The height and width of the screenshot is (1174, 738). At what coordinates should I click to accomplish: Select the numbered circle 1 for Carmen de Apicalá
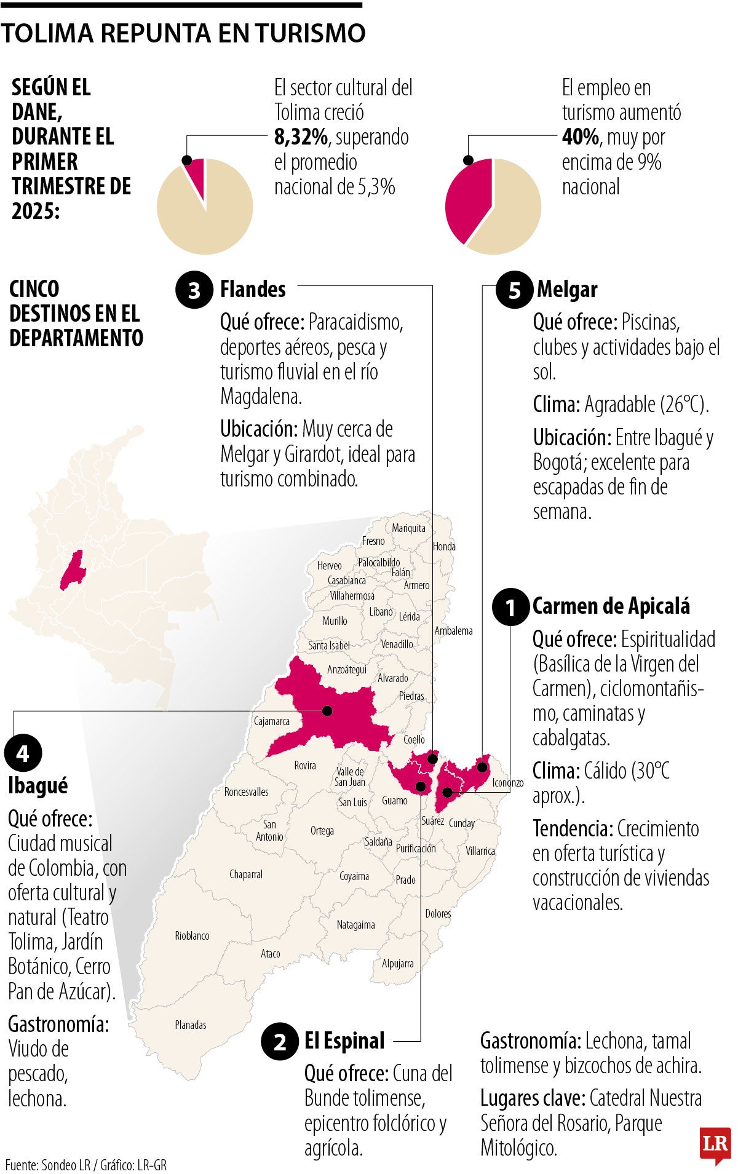pos(510,607)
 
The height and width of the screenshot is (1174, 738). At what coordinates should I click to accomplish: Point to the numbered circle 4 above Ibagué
pos(23,753)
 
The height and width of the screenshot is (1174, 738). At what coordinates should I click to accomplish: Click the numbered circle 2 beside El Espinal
pos(280,1042)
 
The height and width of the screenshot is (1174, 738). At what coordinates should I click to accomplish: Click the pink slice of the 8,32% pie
pos(196,174)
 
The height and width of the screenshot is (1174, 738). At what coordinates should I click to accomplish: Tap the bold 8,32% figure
pos(301,137)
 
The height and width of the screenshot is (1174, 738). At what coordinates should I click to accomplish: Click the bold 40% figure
pos(580,137)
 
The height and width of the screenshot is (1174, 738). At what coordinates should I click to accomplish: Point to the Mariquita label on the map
pos(408,528)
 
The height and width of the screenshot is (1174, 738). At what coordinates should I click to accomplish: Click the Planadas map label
pos(191,1025)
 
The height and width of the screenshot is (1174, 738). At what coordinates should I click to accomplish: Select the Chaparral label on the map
pos(246,874)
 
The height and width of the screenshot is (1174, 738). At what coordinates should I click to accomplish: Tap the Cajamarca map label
pos(272,721)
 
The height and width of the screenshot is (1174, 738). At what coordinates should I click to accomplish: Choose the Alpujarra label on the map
pos(398,963)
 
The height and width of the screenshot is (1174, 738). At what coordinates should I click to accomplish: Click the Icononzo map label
pos(508,783)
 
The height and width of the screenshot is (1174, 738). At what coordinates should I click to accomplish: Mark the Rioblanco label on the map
pos(192,935)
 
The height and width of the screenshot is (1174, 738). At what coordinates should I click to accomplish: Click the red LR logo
pos(715,1144)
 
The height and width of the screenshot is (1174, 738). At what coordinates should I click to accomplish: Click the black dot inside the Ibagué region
pos(327,711)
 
